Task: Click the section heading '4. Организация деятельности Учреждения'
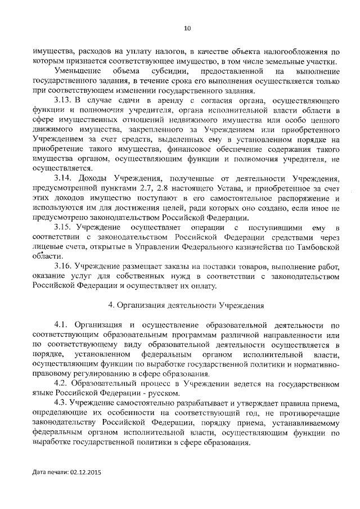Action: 186,305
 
